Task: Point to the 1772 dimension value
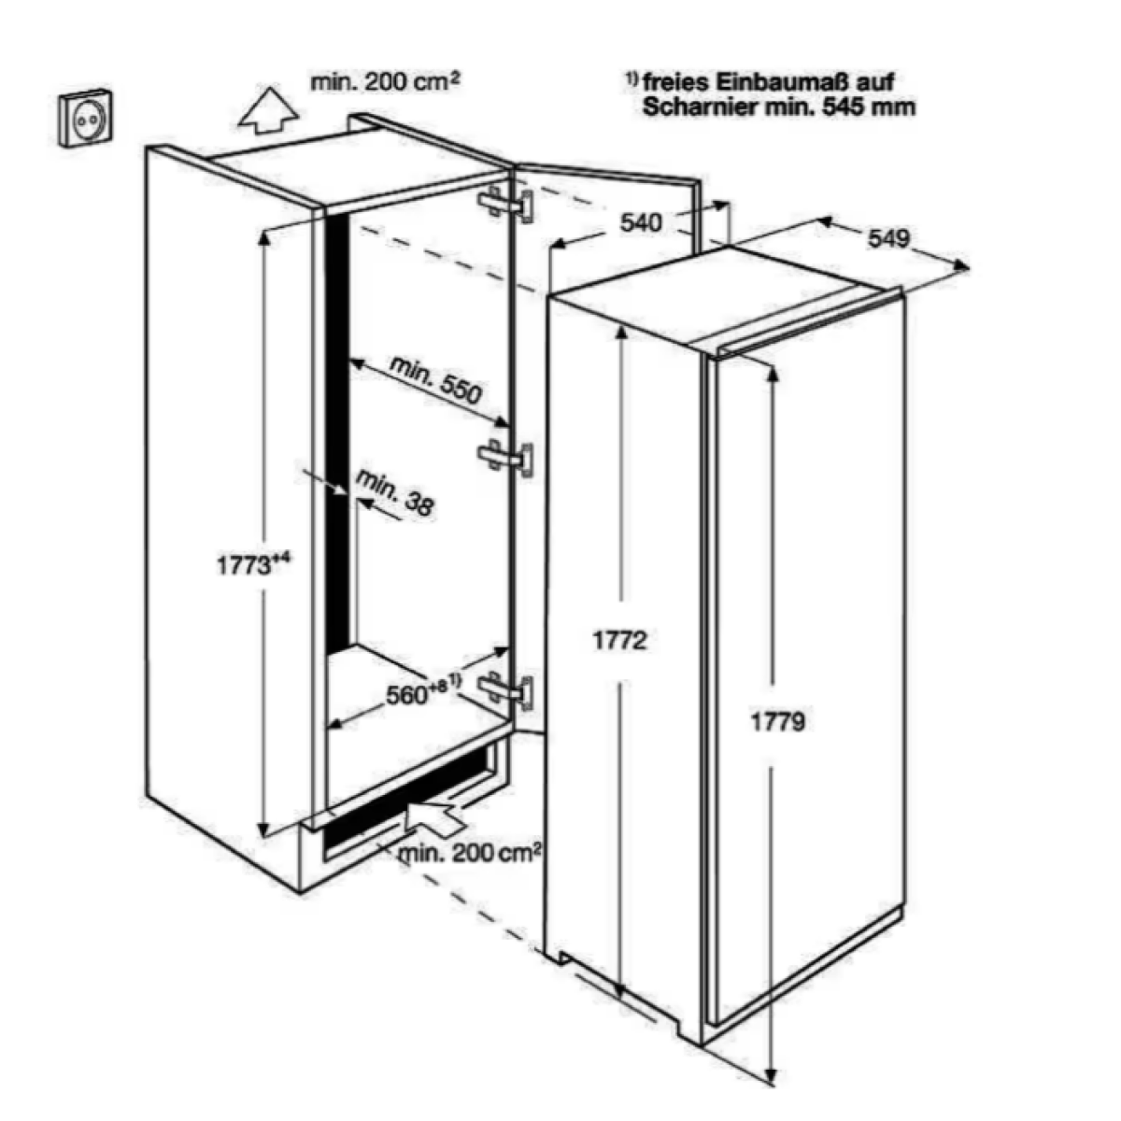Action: (x=619, y=641)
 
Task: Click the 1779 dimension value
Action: (x=777, y=721)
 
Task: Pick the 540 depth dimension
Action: (x=642, y=222)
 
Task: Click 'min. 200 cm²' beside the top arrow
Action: (x=385, y=82)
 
